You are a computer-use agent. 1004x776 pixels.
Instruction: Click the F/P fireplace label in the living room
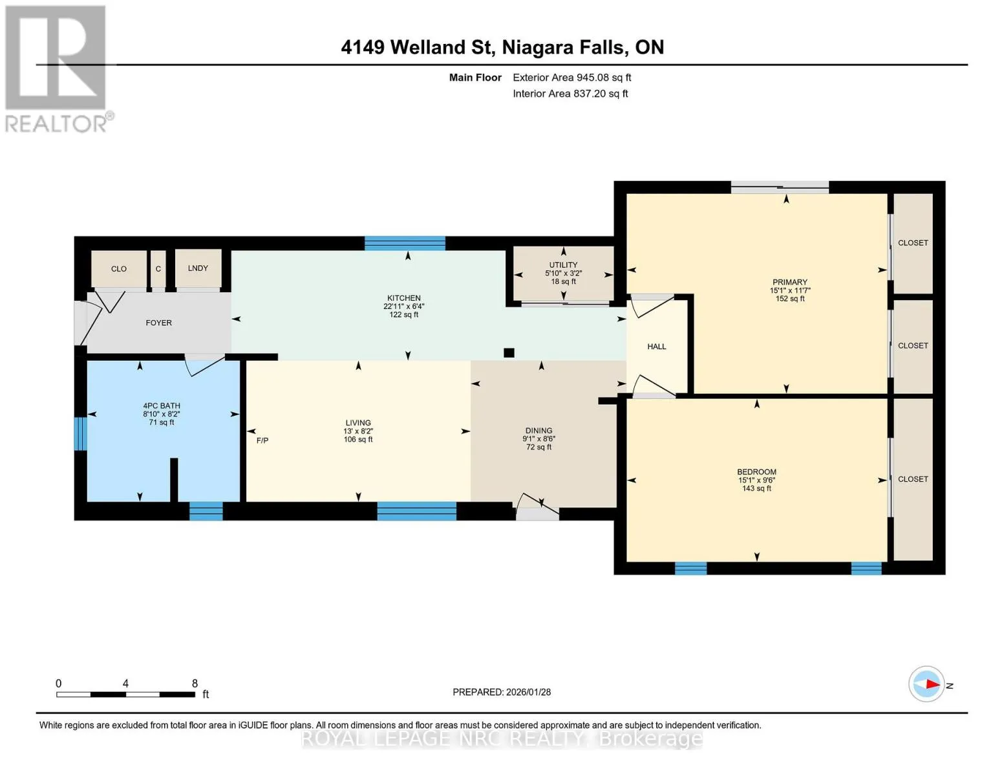[x=262, y=440]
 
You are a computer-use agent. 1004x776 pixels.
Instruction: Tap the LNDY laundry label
[x=198, y=268]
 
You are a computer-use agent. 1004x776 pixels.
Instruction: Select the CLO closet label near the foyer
[x=119, y=269]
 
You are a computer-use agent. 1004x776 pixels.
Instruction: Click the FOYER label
[x=158, y=323]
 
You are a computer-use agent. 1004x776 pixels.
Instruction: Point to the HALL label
[x=657, y=347]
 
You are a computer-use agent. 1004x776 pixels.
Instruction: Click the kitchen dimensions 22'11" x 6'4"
[x=404, y=307]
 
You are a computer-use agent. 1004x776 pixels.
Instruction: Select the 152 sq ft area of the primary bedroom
[x=789, y=299]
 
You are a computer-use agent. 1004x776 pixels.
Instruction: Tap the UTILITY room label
[x=563, y=265]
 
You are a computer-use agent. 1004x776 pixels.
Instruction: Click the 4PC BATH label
[x=161, y=406]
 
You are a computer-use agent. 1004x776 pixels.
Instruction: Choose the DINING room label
[x=539, y=430]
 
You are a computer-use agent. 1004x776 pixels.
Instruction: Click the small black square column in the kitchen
[x=509, y=352]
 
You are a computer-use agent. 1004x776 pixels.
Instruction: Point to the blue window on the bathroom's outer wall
[x=80, y=433]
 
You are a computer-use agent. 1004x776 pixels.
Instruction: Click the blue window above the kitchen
[x=405, y=243]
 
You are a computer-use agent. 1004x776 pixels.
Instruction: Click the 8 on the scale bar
[x=195, y=683]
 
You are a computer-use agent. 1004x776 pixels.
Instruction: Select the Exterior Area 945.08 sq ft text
[x=571, y=78]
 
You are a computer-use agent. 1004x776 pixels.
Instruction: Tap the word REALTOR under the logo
[x=56, y=124]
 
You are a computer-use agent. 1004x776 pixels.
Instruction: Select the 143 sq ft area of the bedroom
[x=756, y=488]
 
